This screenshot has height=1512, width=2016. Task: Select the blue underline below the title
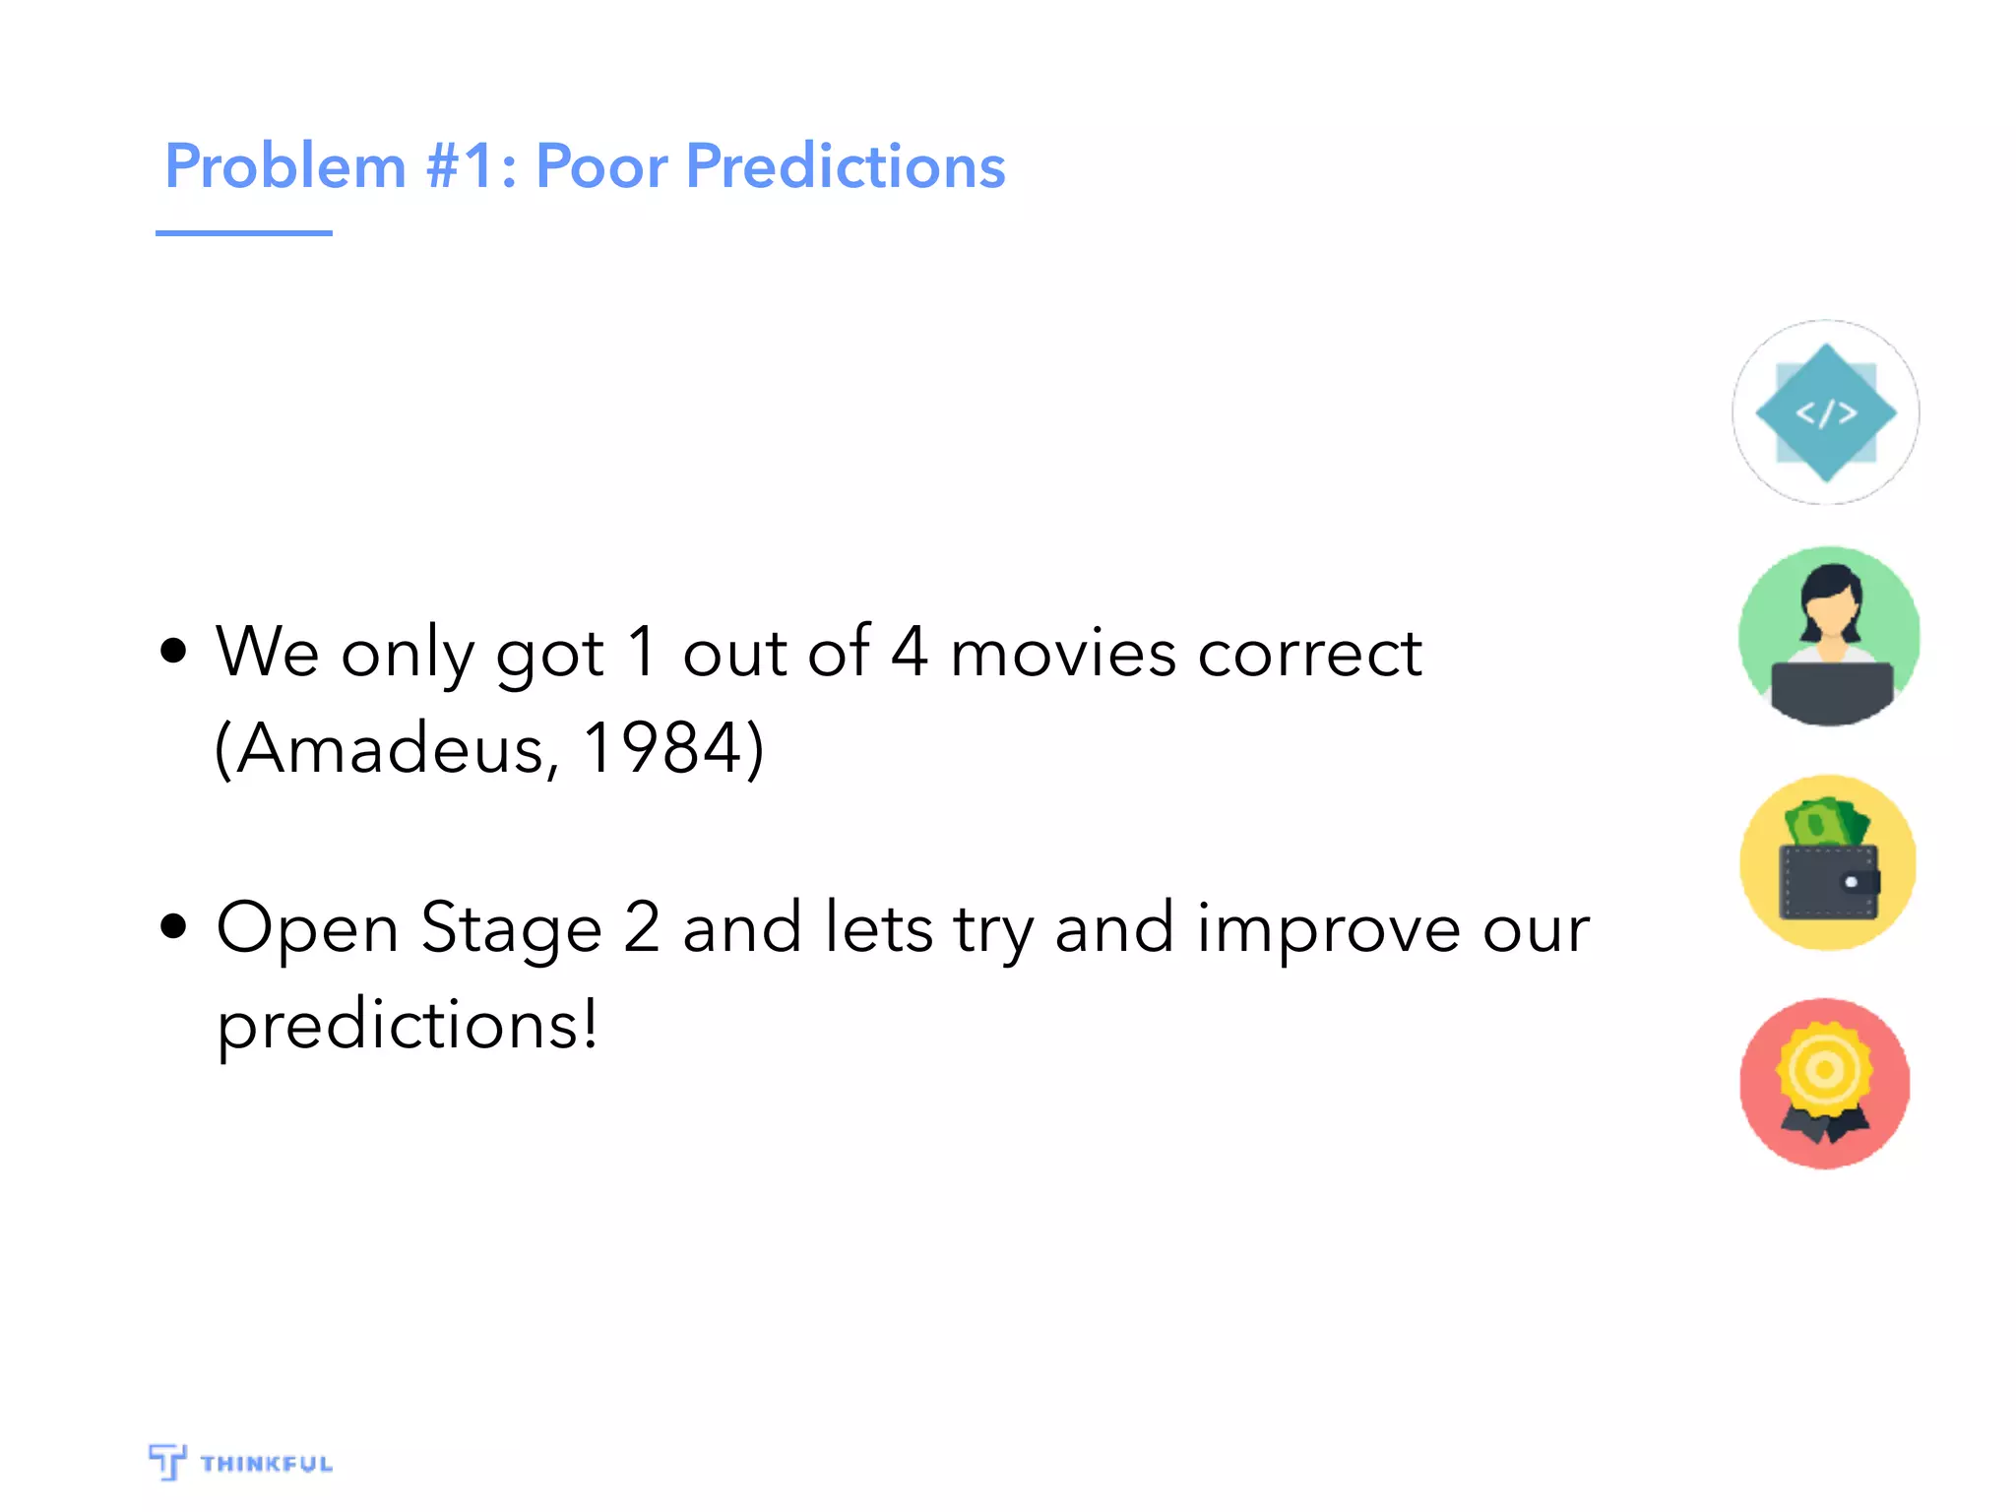click(243, 233)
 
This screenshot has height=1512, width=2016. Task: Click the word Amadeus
click(389, 748)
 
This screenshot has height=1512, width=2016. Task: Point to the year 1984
click(661, 748)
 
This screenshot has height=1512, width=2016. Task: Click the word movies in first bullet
click(1063, 653)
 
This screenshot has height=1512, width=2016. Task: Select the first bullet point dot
click(173, 651)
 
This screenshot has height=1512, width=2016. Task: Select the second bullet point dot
click(173, 926)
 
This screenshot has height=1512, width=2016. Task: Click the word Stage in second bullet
click(511, 928)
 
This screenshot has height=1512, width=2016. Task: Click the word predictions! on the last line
click(408, 1024)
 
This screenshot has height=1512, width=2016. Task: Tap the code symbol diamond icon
click(1826, 412)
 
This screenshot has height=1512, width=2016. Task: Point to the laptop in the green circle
click(1831, 691)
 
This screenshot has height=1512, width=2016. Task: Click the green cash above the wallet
click(1827, 822)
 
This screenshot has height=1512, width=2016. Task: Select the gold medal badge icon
click(1824, 1073)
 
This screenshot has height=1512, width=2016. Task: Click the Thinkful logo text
click(266, 1464)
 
